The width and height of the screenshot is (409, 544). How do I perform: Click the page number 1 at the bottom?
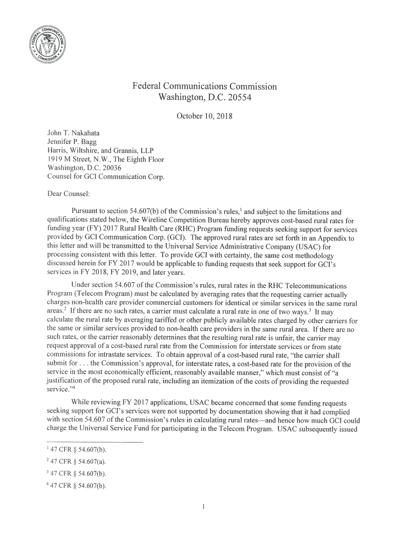coord(204,505)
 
